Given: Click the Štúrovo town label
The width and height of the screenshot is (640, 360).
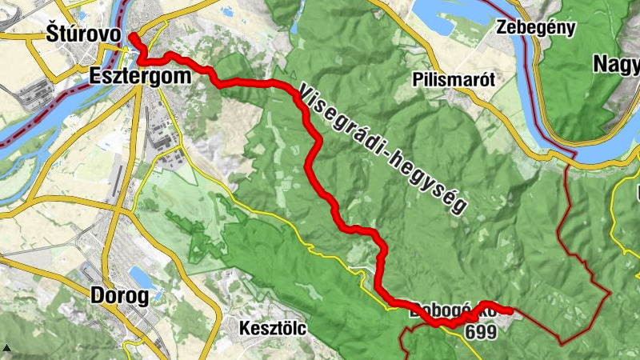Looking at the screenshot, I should [83, 35].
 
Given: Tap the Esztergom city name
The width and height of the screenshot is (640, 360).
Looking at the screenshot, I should [140, 77].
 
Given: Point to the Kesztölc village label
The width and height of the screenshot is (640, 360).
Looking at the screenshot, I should [273, 328].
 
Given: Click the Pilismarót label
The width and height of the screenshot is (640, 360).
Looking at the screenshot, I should [455, 79].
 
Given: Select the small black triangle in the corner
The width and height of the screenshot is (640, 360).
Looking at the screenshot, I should [6, 349].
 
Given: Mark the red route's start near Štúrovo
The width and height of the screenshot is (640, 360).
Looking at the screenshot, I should [132, 37].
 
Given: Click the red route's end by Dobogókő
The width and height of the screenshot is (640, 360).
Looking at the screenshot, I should [509, 310].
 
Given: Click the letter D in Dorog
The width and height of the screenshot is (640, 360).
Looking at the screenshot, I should [98, 297].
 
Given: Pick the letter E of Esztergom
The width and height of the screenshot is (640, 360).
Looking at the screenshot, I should [96, 77].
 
